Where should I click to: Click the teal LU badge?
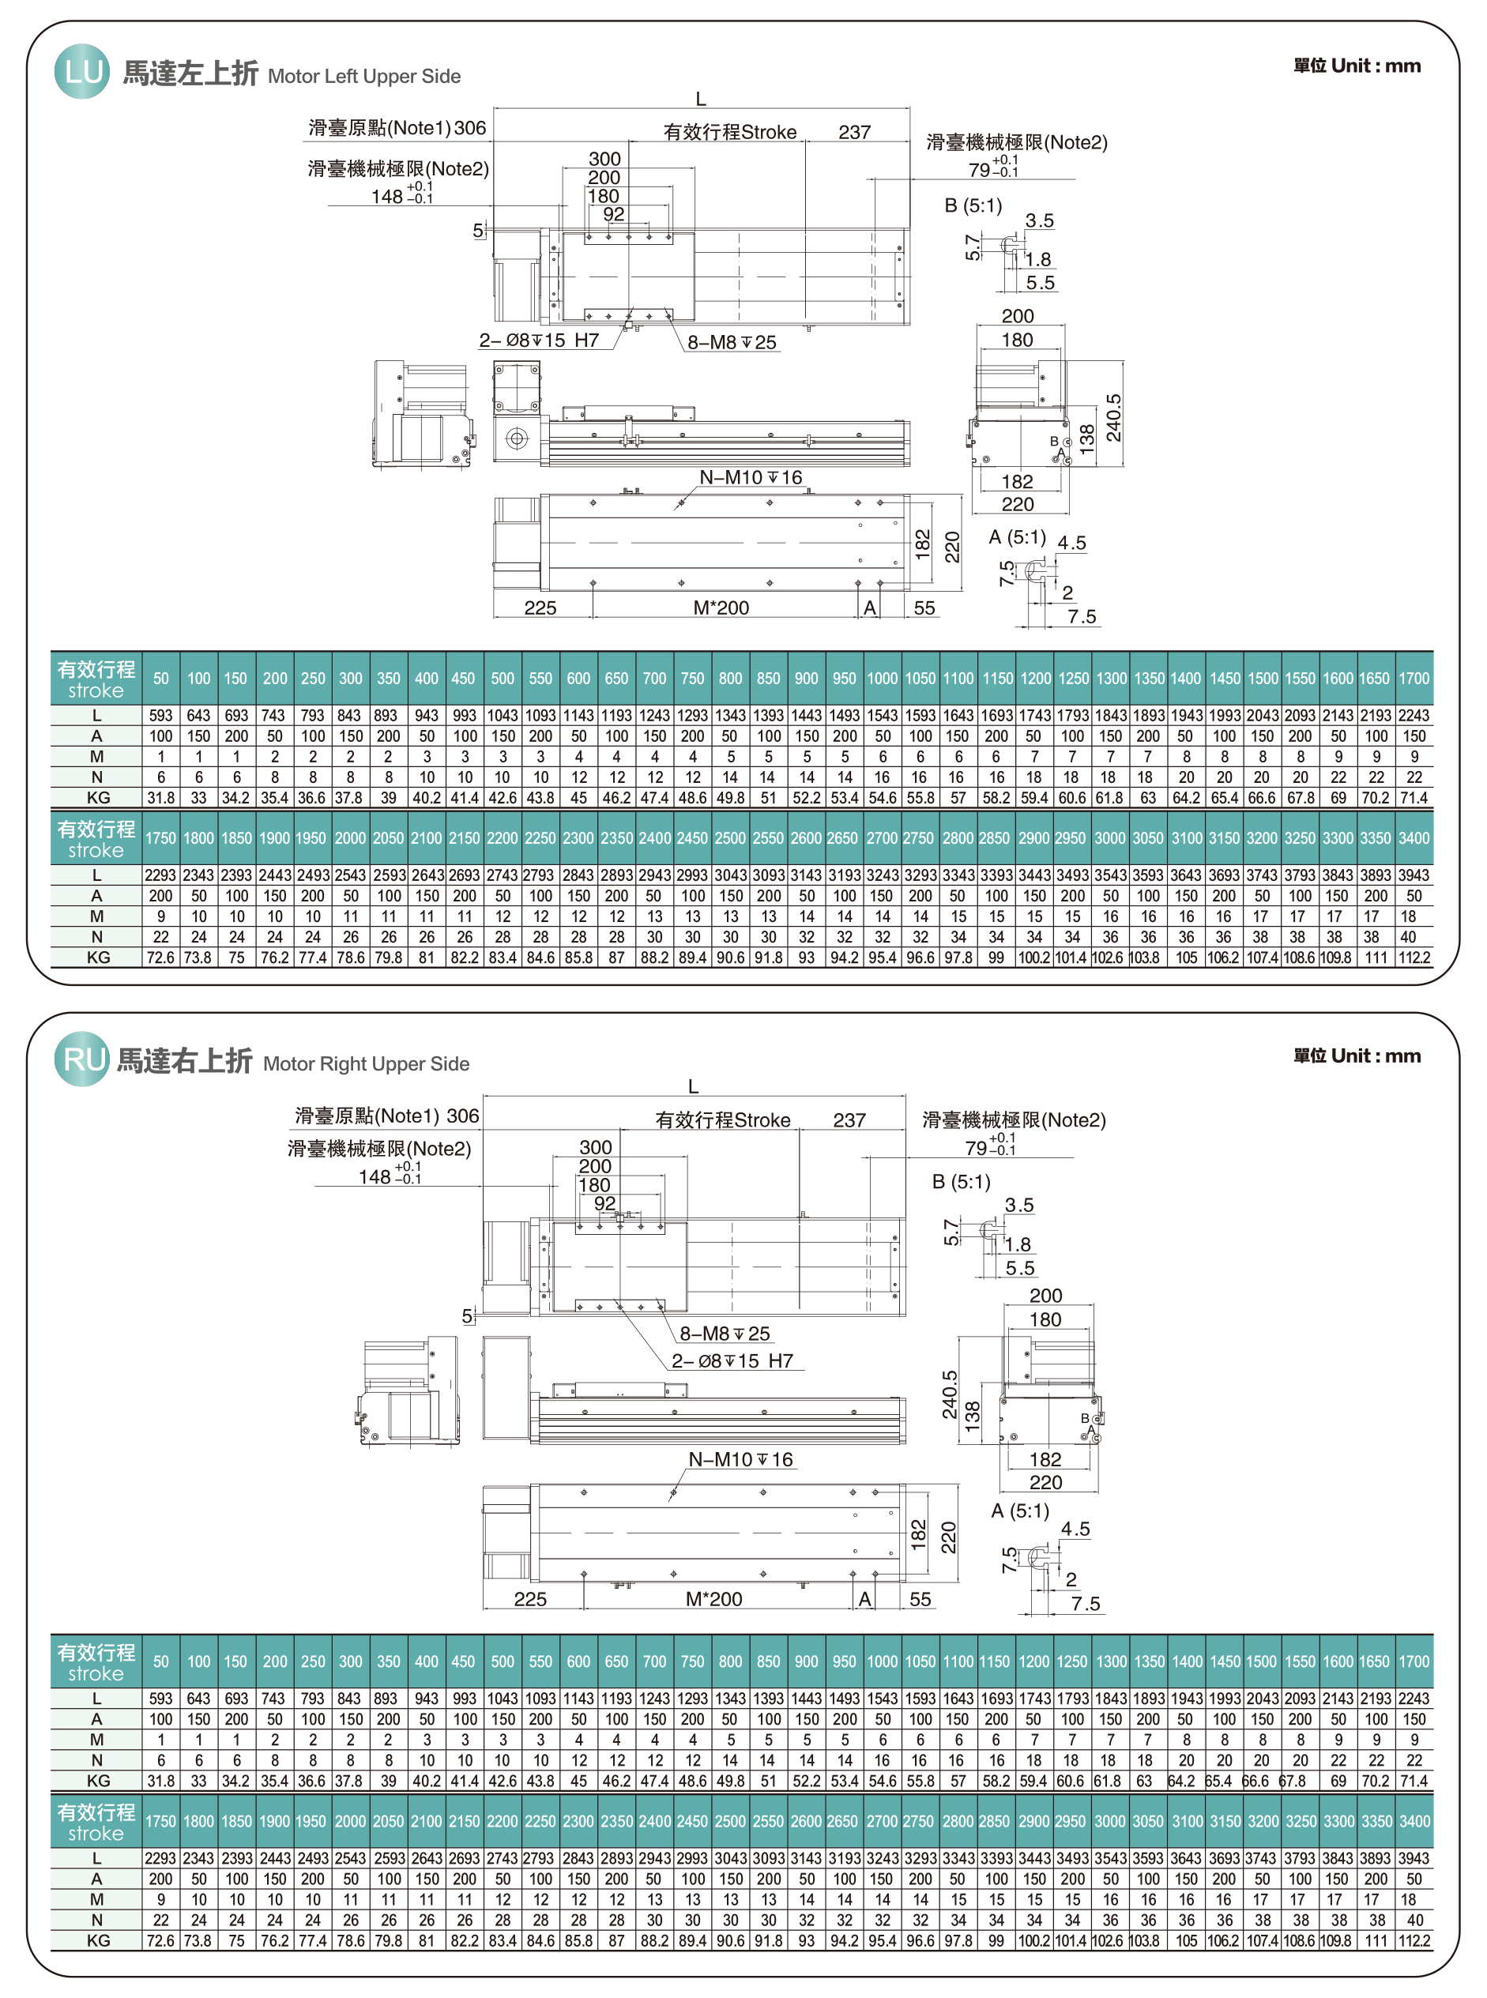point(82,71)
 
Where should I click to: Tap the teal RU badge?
point(82,1059)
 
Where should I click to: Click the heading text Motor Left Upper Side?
point(363,77)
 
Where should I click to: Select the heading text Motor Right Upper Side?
point(366,1064)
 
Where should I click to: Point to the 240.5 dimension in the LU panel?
point(1113,418)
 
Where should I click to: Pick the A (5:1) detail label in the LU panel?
point(1017,537)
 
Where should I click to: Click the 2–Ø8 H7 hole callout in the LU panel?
point(538,341)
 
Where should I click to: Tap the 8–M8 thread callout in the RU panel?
point(725,1333)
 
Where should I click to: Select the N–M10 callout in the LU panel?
point(751,477)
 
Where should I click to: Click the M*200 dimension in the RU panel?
point(713,1599)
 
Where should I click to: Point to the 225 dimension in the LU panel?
point(540,608)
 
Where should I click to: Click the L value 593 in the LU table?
point(160,716)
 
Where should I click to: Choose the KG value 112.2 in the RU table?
point(1414,1941)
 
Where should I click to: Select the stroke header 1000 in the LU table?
point(882,679)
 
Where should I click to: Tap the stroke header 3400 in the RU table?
point(1414,1822)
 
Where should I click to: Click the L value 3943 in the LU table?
point(1414,875)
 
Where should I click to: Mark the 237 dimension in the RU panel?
point(849,1120)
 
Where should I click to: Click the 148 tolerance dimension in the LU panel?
point(401,195)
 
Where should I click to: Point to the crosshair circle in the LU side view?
point(517,438)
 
